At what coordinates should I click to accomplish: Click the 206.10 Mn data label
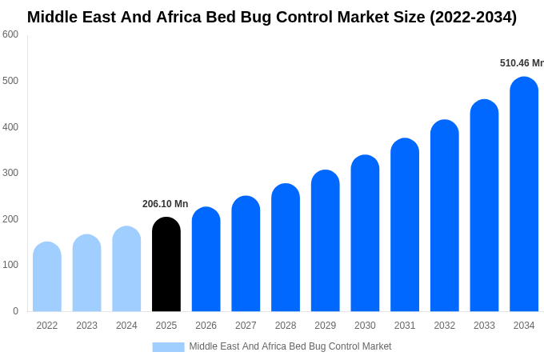[166, 204]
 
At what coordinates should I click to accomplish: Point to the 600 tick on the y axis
[10, 34]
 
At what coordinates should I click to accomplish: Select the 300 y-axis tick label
[10, 173]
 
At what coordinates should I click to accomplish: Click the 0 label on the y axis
[15, 311]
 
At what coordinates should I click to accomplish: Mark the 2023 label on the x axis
[86, 326]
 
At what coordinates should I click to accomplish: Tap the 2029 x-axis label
[325, 326]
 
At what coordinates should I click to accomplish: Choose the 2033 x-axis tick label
[484, 326]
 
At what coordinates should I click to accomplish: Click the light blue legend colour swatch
[168, 346]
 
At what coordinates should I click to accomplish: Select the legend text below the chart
[290, 346]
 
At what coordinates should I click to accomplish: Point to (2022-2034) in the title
[474, 17]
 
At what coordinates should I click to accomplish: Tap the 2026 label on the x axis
[206, 326]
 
